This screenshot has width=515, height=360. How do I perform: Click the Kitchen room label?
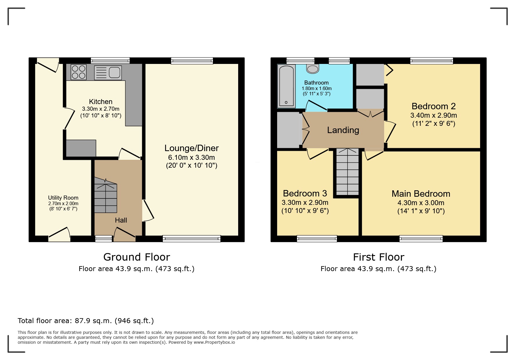point(101,102)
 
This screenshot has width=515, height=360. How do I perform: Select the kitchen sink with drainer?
point(108,73)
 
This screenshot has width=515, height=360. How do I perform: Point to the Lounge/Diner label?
point(192,148)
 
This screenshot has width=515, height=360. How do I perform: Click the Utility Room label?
point(63,198)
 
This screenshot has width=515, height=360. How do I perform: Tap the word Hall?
point(121,220)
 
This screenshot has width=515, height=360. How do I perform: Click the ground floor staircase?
point(106,196)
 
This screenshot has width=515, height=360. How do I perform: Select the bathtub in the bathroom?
point(286,86)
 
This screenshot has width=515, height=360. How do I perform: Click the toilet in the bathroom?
point(313,69)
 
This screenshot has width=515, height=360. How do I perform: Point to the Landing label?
point(343,130)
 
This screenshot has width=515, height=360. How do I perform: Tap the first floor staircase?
point(348,171)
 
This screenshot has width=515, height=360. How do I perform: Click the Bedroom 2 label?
point(434,106)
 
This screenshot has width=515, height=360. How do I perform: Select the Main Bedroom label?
point(421,194)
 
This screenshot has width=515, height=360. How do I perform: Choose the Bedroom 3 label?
point(305,194)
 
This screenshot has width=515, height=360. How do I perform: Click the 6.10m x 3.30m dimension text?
point(192,157)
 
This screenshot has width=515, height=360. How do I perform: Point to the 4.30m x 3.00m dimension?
point(421,203)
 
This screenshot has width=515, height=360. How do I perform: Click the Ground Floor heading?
point(137,257)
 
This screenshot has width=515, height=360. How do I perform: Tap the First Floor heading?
point(379,257)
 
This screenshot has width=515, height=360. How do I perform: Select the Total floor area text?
point(86,321)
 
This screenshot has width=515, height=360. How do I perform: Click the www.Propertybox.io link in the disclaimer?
point(214,342)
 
